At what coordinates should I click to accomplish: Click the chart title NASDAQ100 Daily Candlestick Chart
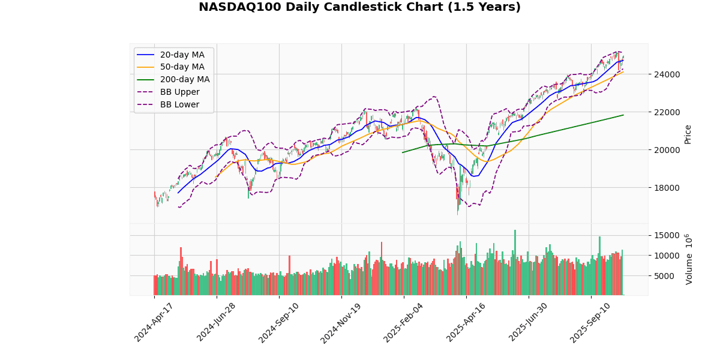359,7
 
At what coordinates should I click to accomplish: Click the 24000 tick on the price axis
667,74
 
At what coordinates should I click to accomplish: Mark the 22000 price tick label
667,112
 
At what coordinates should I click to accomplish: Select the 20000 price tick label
667,150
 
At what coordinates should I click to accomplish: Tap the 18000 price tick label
667,188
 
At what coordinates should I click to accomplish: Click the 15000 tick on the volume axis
667,235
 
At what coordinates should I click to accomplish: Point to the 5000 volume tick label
669,276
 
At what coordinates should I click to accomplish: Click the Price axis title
688,134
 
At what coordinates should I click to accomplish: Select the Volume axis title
689,259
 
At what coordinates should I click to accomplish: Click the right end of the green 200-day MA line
623,115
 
